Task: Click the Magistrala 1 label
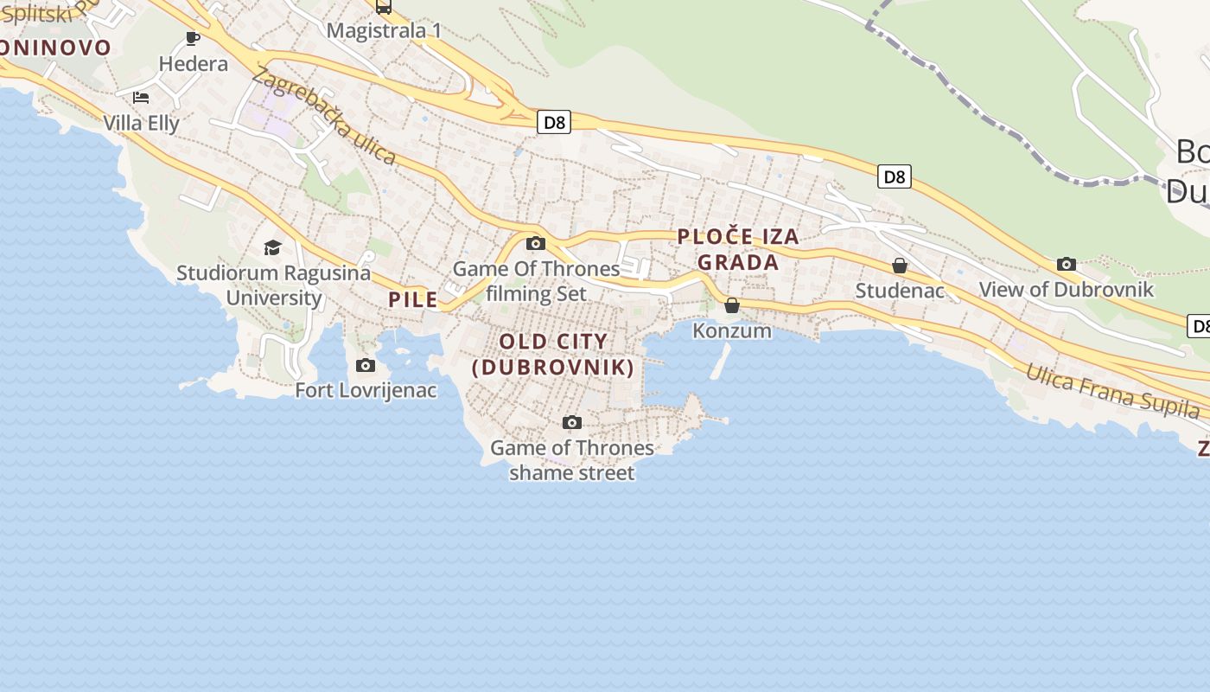click(x=384, y=30)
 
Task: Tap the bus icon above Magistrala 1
click(x=384, y=7)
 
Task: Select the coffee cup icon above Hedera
click(x=193, y=39)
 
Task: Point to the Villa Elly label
click(x=141, y=123)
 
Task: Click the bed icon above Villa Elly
click(x=141, y=98)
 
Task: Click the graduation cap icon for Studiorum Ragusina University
click(x=273, y=248)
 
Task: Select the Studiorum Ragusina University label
click(x=273, y=285)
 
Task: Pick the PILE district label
click(x=413, y=299)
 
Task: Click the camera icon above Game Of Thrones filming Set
click(x=536, y=244)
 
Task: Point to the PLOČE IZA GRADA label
click(x=738, y=249)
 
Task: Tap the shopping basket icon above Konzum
click(x=732, y=305)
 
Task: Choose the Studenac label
click(x=900, y=291)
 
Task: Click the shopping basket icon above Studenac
click(x=900, y=266)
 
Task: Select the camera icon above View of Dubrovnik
click(x=1067, y=264)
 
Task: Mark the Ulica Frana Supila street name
click(x=1113, y=392)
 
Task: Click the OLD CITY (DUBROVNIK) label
click(x=554, y=354)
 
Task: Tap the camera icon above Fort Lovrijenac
click(x=366, y=365)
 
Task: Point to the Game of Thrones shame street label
click(x=572, y=460)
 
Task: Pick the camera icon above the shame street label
click(x=572, y=423)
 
